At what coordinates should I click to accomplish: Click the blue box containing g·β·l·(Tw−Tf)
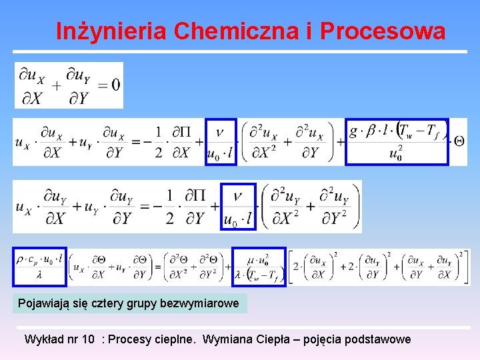[x=397, y=141]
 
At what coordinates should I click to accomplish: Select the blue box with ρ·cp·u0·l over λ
[x=41, y=267]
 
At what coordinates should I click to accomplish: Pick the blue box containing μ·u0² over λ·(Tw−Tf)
[x=259, y=267]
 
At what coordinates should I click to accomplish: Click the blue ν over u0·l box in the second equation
[x=221, y=141]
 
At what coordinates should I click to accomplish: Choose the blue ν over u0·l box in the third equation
[x=238, y=207]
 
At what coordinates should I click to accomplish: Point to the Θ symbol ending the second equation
[x=459, y=141]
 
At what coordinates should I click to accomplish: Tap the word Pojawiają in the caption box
[x=41, y=304]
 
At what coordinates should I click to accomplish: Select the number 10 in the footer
[x=87, y=339]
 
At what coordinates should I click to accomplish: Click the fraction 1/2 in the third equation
[x=170, y=207]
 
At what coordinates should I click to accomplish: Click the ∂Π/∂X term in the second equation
[x=181, y=141]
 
